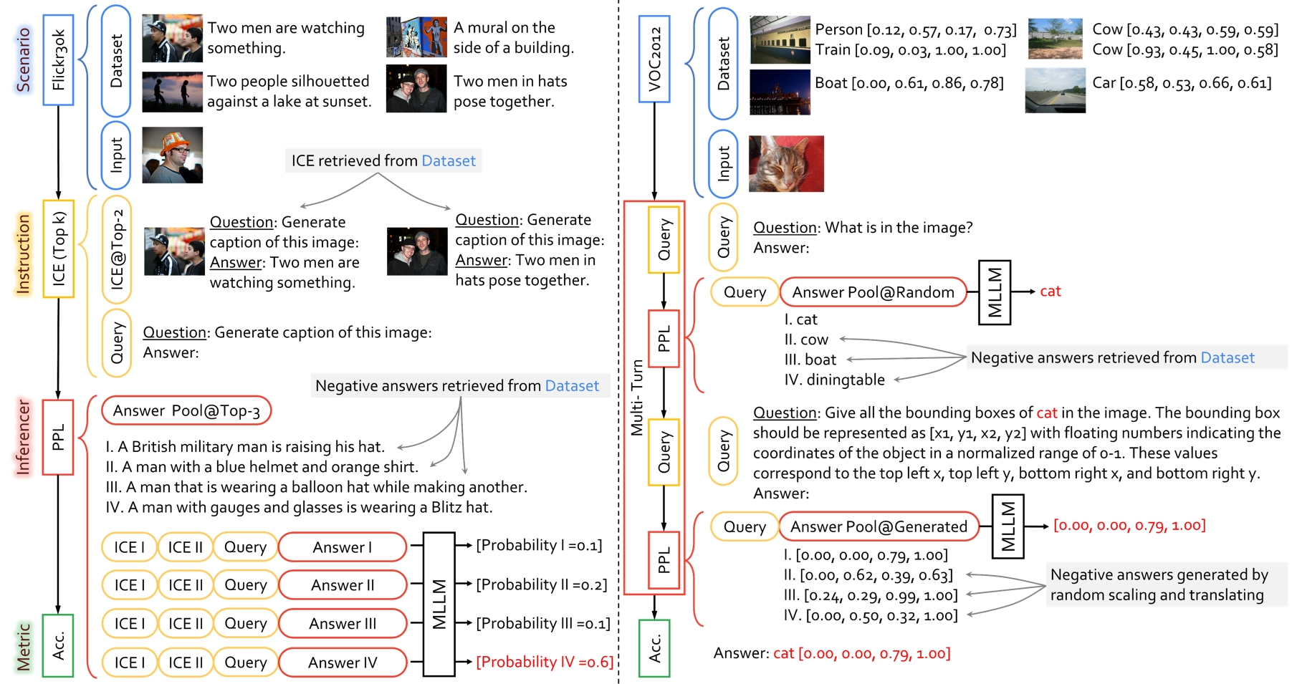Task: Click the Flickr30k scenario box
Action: [x=58, y=60]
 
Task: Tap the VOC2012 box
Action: [x=654, y=59]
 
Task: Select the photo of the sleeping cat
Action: [x=786, y=163]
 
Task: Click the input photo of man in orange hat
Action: [x=172, y=155]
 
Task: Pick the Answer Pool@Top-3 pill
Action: [x=186, y=411]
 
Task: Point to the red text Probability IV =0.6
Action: [x=545, y=662]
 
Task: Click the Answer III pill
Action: [x=343, y=623]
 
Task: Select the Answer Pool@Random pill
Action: [x=873, y=292]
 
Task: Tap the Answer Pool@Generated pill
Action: [x=879, y=527]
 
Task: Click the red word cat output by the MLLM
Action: [x=1051, y=292]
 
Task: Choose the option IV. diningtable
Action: [x=834, y=380]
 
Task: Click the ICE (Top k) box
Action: [x=58, y=249]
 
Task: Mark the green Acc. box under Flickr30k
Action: [x=58, y=645]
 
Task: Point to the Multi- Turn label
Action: [x=636, y=398]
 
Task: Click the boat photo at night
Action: [x=780, y=92]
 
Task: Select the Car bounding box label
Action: [x=1182, y=83]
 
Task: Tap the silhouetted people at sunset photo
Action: [x=172, y=92]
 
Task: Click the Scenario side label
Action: [x=24, y=60]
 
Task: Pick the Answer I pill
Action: [x=343, y=547]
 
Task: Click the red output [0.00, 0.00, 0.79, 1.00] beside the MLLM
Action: [x=1129, y=526]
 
